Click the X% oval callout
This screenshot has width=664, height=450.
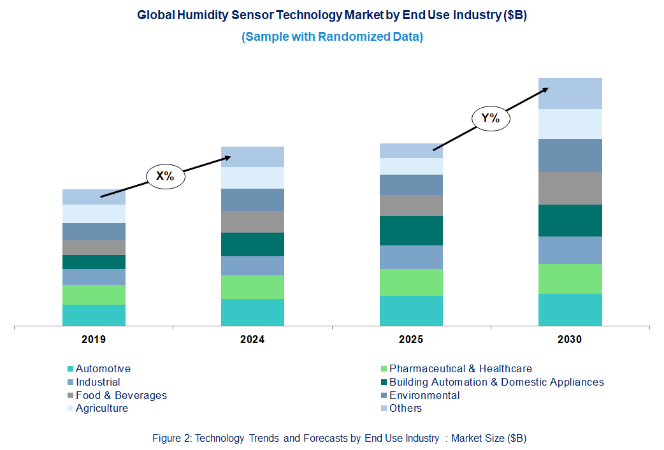pyautogui.click(x=165, y=177)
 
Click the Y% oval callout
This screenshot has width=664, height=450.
pyautogui.click(x=490, y=118)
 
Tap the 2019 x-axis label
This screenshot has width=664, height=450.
pyautogui.click(x=94, y=340)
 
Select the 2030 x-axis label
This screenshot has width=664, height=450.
pyautogui.click(x=570, y=340)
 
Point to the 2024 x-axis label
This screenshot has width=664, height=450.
pyautogui.click(x=252, y=340)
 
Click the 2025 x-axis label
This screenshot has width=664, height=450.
pyautogui.click(x=411, y=340)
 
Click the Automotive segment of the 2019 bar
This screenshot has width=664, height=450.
pyautogui.click(x=94, y=315)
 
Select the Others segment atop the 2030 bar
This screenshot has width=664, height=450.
pyautogui.click(x=570, y=93)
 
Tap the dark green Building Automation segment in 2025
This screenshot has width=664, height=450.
pyautogui.click(x=411, y=230)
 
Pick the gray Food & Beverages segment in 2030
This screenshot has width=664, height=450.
pyautogui.click(x=570, y=188)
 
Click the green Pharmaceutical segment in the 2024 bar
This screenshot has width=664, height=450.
pyautogui.click(x=252, y=287)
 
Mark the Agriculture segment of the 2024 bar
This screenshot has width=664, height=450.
pyautogui.click(x=252, y=177)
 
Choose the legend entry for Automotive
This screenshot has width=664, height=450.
pyautogui.click(x=103, y=368)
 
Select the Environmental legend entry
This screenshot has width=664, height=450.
pyautogui.click(x=424, y=395)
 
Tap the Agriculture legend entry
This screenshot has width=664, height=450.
pyautogui.click(x=101, y=409)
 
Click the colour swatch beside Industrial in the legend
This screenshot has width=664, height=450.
pyautogui.click(x=70, y=382)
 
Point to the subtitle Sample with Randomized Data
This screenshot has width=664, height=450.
pyautogui.click(x=332, y=37)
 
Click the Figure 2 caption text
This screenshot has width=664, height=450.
pyautogui.click(x=339, y=438)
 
